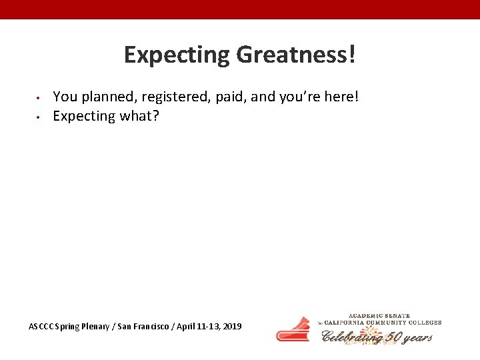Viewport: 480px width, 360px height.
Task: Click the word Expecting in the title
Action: click(x=177, y=55)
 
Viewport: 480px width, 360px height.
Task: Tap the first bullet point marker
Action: click(x=39, y=98)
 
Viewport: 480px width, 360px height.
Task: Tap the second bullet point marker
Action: click(x=39, y=117)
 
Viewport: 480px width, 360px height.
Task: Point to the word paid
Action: click(x=231, y=97)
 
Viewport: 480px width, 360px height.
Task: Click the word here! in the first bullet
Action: click(x=340, y=97)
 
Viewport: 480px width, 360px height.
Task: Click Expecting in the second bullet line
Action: click(x=84, y=116)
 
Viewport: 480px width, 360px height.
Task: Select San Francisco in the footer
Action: click(x=141, y=327)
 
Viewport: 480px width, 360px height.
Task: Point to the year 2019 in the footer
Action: click(x=232, y=327)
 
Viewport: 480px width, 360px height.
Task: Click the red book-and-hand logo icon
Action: click(x=293, y=329)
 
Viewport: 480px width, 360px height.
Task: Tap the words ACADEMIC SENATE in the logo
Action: click(x=379, y=315)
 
